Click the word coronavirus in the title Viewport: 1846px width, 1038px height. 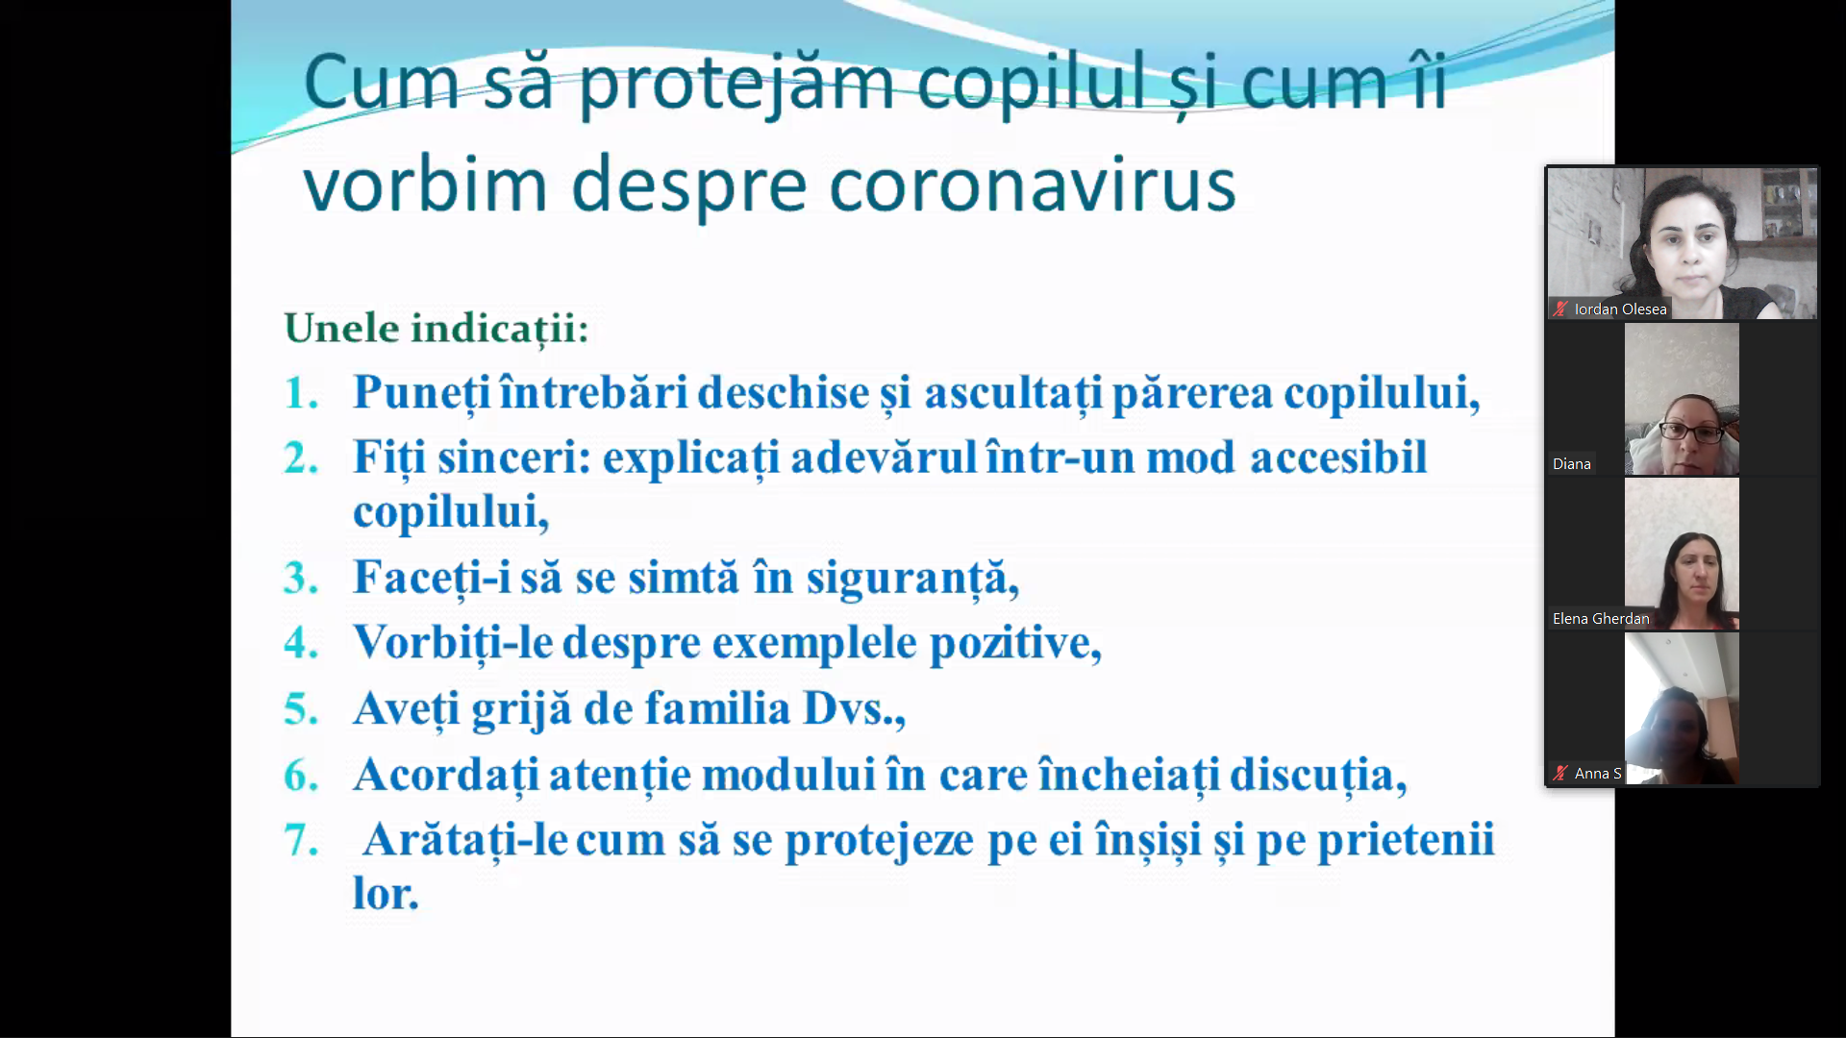(1033, 185)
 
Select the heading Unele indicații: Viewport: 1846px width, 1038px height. (437, 329)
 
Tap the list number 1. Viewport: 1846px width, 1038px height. (301, 393)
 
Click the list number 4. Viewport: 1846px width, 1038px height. (301, 642)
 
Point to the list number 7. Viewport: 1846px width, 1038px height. (301, 839)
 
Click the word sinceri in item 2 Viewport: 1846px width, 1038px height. (514, 457)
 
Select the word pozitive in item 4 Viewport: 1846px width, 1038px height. (1015, 643)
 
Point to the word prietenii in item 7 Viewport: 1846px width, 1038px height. (1406, 840)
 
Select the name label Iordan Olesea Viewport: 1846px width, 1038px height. (1620, 309)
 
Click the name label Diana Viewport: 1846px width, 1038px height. (1571, 464)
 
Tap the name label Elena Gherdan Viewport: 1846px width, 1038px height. (1601, 619)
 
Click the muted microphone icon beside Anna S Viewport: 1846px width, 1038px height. (1560, 773)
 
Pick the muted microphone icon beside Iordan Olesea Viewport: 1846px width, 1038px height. (1560, 309)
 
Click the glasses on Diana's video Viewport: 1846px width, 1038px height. (1692, 432)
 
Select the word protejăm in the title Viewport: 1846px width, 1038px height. (736, 85)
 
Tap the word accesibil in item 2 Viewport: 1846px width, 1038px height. (1338, 457)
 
